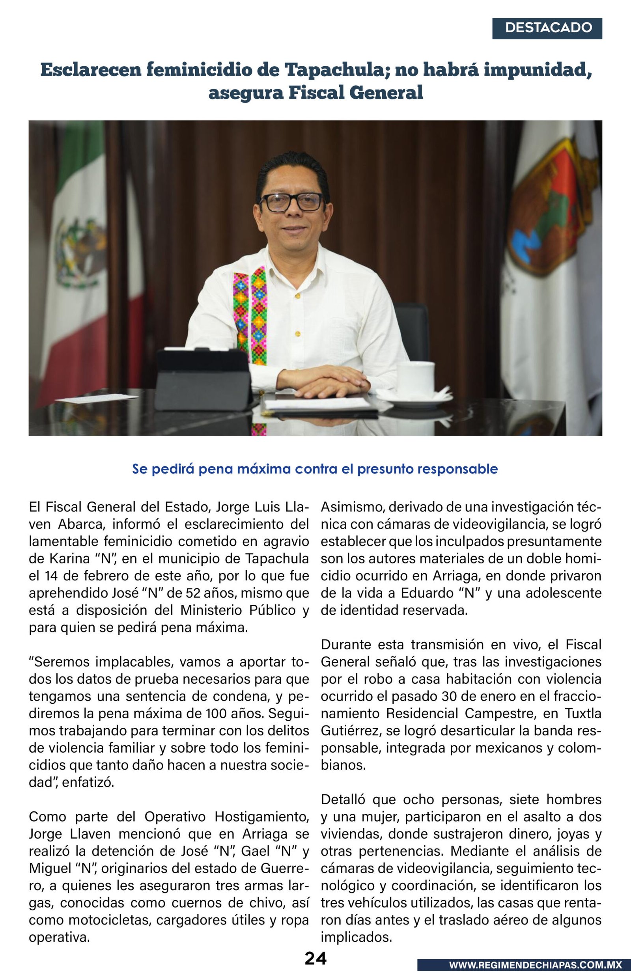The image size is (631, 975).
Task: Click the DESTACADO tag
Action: click(548, 28)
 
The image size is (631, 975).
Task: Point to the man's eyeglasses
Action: click(292, 202)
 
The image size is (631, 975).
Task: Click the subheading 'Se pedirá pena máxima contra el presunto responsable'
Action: click(315, 469)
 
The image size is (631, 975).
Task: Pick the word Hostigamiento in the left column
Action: click(262, 817)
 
